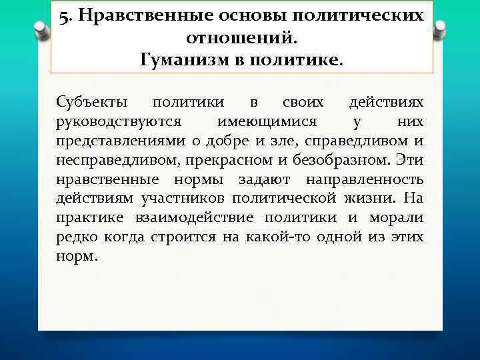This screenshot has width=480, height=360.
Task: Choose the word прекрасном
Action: tap(225, 161)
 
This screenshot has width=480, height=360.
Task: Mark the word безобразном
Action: tap(341, 161)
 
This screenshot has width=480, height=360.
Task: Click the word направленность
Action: tap(365, 180)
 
